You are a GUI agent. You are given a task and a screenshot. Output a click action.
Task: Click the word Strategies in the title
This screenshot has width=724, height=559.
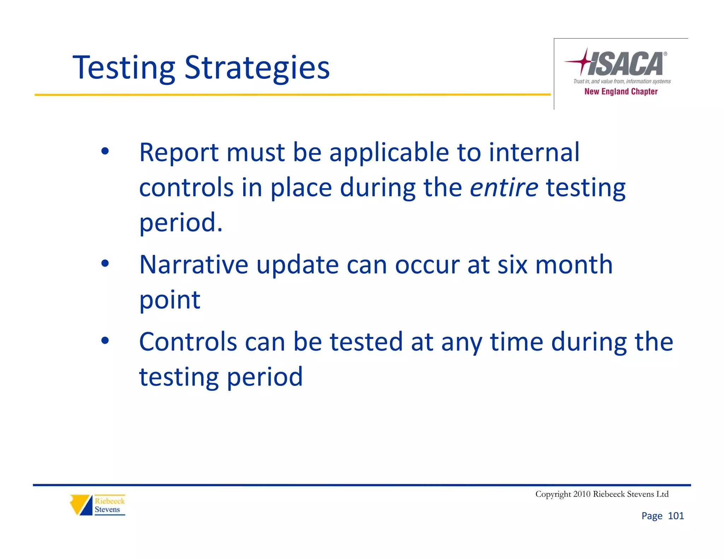click(257, 68)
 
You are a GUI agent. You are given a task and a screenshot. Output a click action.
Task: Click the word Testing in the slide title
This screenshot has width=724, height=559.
click(124, 68)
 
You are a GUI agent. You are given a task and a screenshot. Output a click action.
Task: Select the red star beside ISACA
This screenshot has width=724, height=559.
click(580, 61)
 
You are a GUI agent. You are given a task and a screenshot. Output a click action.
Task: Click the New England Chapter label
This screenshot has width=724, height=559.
click(621, 92)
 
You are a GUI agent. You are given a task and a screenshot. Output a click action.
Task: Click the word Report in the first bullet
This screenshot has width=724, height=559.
click(179, 153)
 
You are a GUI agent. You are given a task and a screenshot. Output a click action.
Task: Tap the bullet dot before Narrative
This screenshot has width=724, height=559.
click(105, 264)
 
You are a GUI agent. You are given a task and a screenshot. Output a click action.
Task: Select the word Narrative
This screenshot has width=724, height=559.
click(194, 265)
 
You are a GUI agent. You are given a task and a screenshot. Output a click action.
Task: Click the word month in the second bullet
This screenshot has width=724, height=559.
click(574, 265)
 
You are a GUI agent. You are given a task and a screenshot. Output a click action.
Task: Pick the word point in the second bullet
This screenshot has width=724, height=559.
click(170, 300)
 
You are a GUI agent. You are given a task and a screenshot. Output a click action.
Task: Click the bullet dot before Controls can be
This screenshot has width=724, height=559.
click(105, 341)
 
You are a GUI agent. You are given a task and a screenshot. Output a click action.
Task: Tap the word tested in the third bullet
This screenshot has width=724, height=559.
click(366, 342)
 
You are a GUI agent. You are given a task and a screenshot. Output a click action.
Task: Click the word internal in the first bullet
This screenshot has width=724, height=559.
click(534, 153)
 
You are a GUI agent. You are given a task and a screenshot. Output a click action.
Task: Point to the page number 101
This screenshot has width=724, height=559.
click(676, 516)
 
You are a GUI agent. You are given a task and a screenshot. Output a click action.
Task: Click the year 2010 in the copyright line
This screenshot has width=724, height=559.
click(582, 494)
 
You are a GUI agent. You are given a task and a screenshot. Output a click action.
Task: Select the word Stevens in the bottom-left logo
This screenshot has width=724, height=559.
click(107, 510)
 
